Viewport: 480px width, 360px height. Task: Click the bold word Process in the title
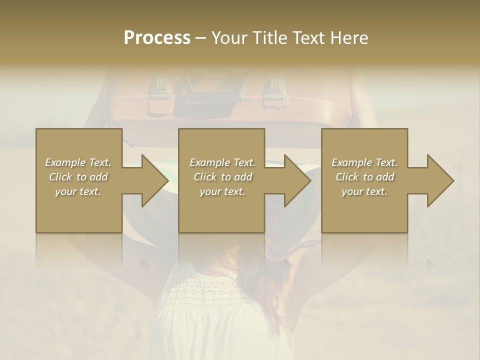[x=157, y=38]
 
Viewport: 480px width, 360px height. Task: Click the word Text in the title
[x=308, y=38]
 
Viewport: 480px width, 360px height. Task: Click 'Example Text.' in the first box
[x=78, y=162]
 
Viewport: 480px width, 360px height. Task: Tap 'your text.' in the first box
[x=78, y=191]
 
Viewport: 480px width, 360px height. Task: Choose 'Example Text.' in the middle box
[x=222, y=162]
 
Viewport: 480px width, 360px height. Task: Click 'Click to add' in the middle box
[x=222, y=177]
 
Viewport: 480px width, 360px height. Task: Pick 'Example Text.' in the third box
[x=364, y=162]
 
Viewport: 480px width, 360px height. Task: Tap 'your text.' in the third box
[x=364, y=191]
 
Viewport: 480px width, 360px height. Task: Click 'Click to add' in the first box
[x=78, y=177]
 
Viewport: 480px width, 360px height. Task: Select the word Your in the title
[x=229, y=38]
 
